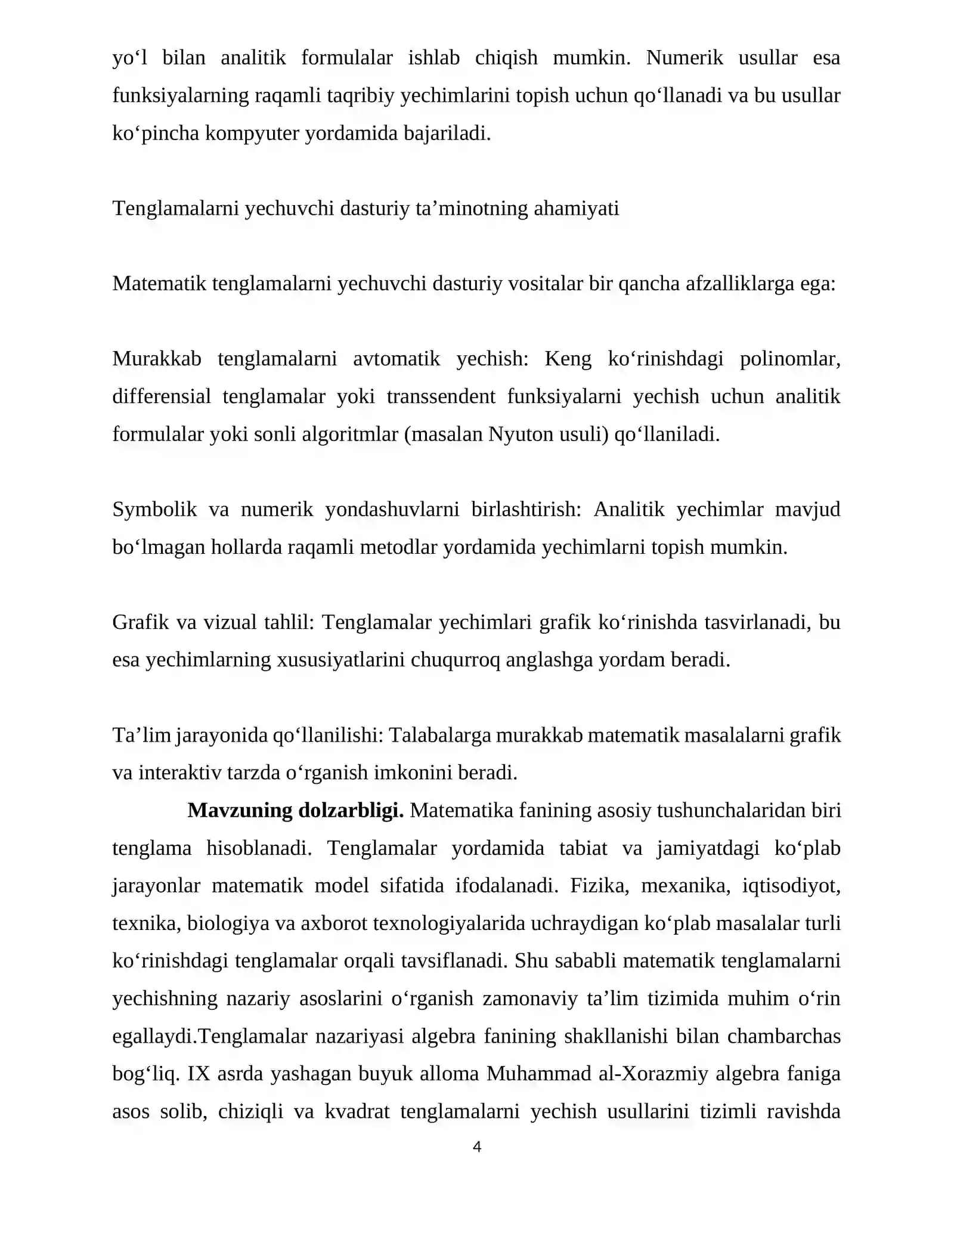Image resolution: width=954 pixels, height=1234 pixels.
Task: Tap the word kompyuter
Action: point(252,133)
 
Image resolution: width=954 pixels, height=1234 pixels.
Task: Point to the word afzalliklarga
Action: point(739,284)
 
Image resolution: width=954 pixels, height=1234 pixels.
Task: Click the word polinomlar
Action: point(789,359)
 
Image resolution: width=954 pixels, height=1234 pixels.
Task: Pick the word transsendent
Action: point(441,396)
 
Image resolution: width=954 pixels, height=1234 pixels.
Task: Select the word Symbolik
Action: point(154,510)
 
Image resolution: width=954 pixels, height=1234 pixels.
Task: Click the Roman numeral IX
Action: point(199,1074)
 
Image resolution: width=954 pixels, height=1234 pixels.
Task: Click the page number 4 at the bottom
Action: point(476,1146)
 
